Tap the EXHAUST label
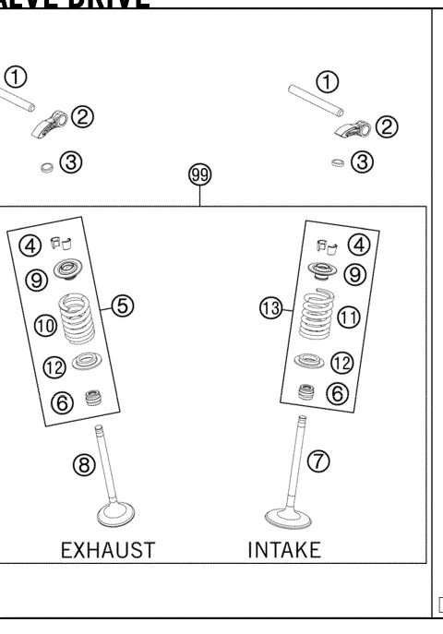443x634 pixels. [x=108, y=550]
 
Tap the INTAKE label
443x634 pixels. [x=284, y=550]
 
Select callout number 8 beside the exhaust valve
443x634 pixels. [x=85, y=466]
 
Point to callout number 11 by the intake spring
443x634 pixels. [x=348, y=317]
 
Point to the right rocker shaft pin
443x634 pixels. [x=314, y=96]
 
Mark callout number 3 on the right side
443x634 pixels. [x=364, y=161]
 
